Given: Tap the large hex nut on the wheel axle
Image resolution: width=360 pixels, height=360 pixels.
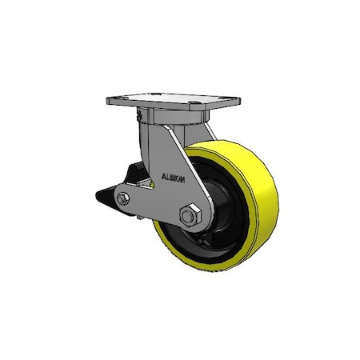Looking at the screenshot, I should (191, 215).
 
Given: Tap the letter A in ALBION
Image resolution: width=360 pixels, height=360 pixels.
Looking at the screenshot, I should (162, 178).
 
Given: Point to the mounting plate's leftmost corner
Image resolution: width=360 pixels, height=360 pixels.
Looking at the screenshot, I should (108, 102).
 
